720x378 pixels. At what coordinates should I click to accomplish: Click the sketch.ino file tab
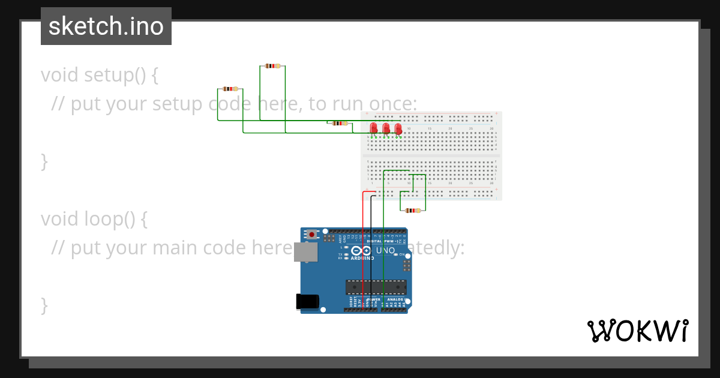pyautogui.click(x=106, y=26)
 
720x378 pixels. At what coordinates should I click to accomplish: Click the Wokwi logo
pyautogui.click(x=637, y=331)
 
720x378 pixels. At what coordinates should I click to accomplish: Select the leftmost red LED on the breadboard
pyautogui.click(x=374, y=128)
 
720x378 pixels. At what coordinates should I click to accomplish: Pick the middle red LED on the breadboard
pyautogui.click(x=386, y=128)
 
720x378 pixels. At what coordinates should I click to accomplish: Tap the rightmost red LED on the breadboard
pyautogui.click(x=398, y=128)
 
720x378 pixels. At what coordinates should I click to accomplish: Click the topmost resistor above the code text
pyautogui.click(x=272, y=66)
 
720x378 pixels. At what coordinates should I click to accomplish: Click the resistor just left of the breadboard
pyautogui.click(x=340, y=123)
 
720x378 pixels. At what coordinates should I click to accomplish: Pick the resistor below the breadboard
pyautogui.click(x=413, y=211)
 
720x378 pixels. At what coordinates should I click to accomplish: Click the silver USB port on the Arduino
pyautogui.click(x=305, y=253)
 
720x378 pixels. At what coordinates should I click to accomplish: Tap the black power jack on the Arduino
pyautogui.click(x=307, y=302)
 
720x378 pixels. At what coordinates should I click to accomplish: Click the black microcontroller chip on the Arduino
pyautogui.click(x=376, y=287)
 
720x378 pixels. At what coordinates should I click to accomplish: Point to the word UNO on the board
pyautogui.click(x=385, y=250)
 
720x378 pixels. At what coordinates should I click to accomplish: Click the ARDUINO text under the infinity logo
pyautogui.click(x=363, y=259)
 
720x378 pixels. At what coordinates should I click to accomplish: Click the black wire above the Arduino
pyautogui.click(x=371, y=216)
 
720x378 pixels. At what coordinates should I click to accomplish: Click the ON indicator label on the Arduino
pyautogui.click(x=403, y=254)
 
